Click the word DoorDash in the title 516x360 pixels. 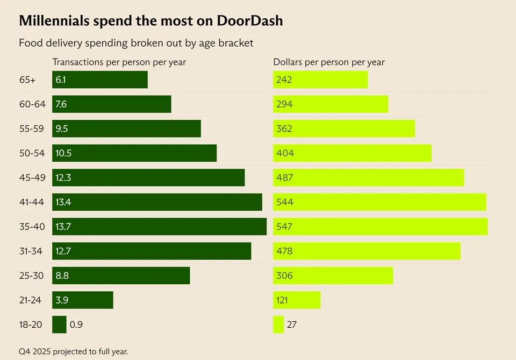250,21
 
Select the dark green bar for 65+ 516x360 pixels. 100,80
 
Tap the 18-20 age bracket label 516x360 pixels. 31,325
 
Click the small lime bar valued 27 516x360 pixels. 278,325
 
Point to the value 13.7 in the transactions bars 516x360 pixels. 63,226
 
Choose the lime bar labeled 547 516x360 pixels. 381,226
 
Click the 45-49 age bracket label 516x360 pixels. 32,178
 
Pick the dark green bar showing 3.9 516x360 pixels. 83,300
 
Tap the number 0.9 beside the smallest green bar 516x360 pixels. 76,325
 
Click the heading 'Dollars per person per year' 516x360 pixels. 329,62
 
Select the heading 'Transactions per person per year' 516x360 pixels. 119,62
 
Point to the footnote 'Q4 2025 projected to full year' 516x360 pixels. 74,351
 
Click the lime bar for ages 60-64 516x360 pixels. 331,104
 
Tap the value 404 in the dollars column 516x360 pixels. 285,153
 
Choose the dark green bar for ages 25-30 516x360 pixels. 121,276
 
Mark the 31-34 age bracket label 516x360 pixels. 31,251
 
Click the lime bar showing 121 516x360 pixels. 297,300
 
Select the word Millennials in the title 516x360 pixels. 54,21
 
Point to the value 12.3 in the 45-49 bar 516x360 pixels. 63,178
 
